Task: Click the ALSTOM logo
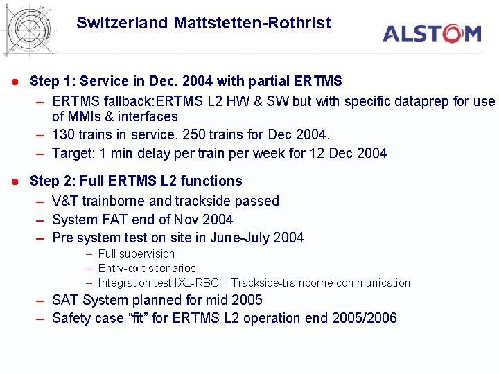(431, 33)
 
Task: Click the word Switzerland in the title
(122, 23)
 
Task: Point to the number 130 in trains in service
(64, 134)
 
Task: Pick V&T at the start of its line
(64, 201)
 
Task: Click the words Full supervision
(137, 253)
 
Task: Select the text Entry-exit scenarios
(147, 268)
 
